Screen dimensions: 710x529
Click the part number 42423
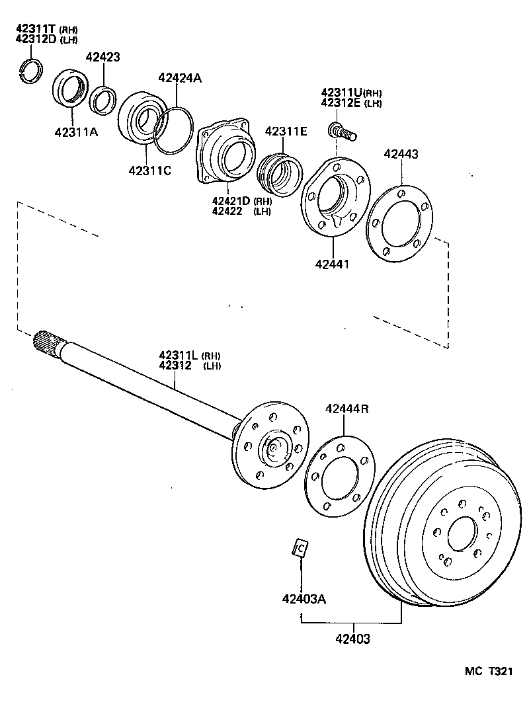[102, 57]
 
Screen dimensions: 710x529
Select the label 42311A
[75, 132]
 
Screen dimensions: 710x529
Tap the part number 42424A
[180, 78]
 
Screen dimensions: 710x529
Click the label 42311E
[286, 132]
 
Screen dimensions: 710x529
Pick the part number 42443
[401, 154]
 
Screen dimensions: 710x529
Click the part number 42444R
[346, 409]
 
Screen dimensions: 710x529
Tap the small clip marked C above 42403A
[300, 548]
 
